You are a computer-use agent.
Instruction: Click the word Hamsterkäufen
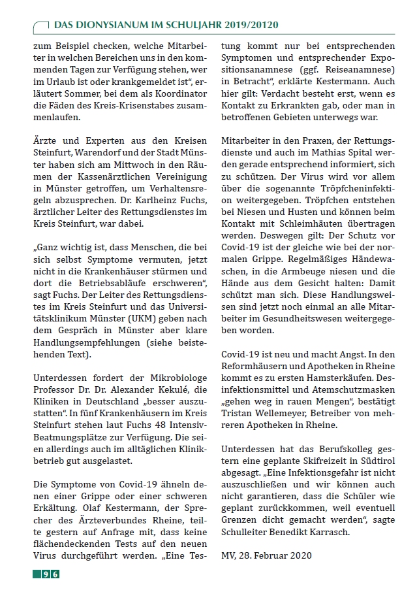pyautogui.click(x=330, y=378)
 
